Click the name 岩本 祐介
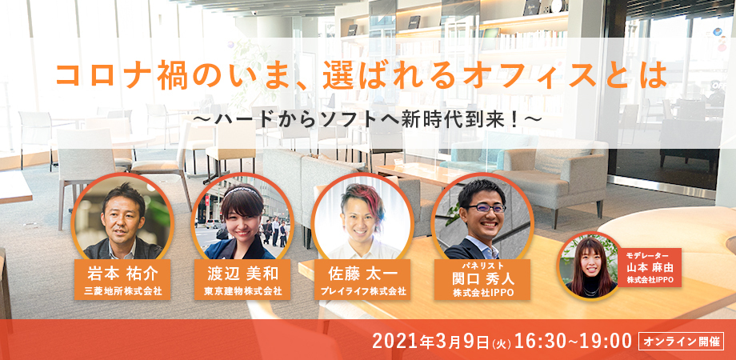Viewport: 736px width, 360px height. tap(123, 274)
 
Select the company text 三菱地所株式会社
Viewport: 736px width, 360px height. tap(123, 291)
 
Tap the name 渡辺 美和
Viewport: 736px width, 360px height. tap(243, 274)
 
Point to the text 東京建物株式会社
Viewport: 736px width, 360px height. tap(243, 291)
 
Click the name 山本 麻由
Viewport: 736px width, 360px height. tap(650, 268)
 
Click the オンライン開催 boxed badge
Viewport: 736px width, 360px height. tap(681, 342)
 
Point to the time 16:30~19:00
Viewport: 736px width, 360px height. tap(573, 342)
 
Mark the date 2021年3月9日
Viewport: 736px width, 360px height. tap(431, 342)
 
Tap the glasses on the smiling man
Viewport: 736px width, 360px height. tap(486, 207)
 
